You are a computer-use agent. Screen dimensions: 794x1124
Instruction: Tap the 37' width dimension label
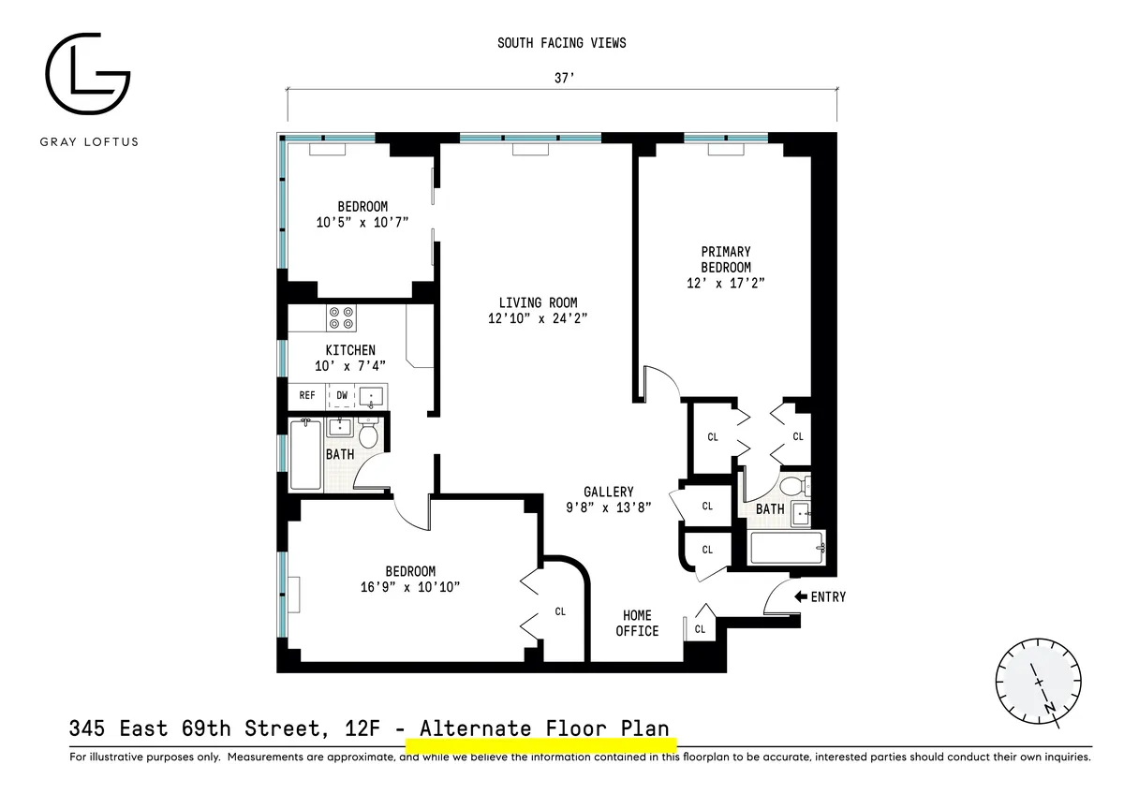point(562,80)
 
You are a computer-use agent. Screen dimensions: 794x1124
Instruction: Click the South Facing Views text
point(562,43)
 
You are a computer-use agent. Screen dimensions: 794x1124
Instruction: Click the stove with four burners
point(342,318)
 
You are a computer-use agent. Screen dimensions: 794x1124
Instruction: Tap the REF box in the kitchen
point(307,396)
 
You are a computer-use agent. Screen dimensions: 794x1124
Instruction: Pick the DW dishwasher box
point(342,396)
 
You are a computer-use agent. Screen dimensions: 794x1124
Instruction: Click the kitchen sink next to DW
point(372,397)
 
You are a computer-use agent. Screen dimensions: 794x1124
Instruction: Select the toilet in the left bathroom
point(368,434)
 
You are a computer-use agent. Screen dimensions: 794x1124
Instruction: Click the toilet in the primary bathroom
point(794,486)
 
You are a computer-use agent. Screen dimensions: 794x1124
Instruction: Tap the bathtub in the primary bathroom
point(787,548)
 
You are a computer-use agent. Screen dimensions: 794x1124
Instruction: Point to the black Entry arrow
point(801,596)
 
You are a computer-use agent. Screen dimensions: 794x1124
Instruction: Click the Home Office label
point(637,623)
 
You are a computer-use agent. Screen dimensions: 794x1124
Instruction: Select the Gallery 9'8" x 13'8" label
point(609,499)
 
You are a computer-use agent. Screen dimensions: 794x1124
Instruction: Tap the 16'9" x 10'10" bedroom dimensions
point(411,587)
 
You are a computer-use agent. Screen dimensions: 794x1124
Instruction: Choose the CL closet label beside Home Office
point(700,629)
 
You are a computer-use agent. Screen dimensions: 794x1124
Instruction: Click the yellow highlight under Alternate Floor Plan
point(541,745)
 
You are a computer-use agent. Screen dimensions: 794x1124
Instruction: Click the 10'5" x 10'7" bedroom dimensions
point(362,223)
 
